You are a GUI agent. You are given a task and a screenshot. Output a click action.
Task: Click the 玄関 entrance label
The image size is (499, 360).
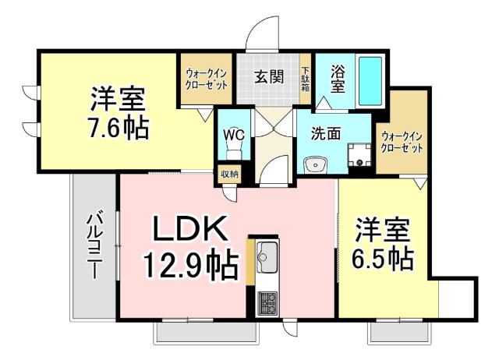click(x=268, y=76)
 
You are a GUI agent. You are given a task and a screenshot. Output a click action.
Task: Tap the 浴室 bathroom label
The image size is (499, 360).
click(x=337, y=76)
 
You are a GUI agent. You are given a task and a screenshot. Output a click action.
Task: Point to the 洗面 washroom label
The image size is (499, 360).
click(x=326, y=133)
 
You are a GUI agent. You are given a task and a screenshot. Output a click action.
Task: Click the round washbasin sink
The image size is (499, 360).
click(x=316, y=164)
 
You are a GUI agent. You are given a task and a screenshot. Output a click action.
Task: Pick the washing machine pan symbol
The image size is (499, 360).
click(x=359, y=156)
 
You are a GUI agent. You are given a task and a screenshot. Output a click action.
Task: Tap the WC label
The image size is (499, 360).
click(x=235, y=133)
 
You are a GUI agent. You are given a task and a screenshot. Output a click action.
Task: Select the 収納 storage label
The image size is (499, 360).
click(x=229, y=174)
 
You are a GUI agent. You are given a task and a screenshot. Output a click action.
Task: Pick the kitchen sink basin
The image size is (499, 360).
click(x=267, y=255)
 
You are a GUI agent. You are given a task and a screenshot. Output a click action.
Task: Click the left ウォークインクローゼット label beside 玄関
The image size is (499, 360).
click(x=207, y=79)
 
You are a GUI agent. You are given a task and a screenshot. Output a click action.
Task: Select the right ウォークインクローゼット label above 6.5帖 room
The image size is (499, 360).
click(x=402, y=143)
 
